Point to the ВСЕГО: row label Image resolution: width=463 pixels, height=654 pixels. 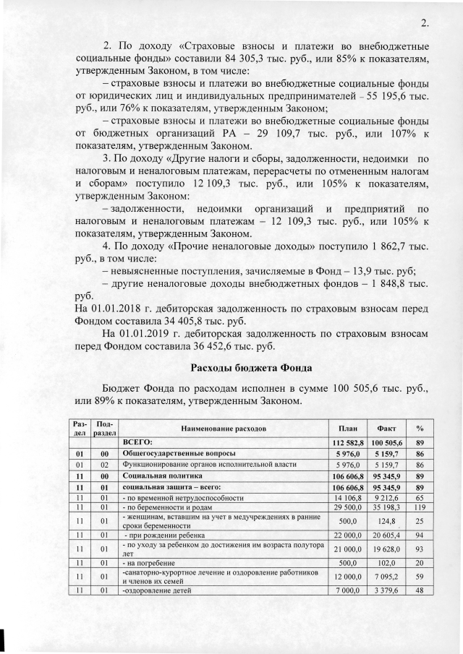(141, 442)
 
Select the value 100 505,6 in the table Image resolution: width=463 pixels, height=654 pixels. (387, 442)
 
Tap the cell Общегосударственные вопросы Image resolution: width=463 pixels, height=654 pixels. (166, 453)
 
